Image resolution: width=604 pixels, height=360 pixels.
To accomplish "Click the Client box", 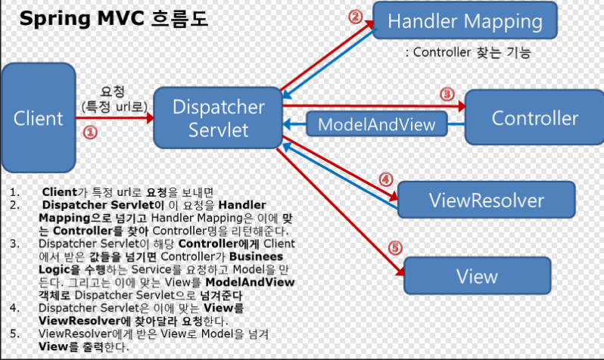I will [x=39, y=119].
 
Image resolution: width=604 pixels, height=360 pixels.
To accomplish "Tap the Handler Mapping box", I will [x=465, y=21].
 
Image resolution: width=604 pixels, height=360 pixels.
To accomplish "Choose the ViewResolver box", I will [x=486, y=200].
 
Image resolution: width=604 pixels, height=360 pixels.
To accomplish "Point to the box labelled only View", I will [x=477, y=276].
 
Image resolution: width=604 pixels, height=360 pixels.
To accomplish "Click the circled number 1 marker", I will [x=89, y=132].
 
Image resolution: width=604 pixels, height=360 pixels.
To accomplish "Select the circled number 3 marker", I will [x=446, y=95].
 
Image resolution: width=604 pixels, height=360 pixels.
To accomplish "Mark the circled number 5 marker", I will [x=394, y=247].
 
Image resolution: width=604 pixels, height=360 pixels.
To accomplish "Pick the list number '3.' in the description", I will [x=15, y=244].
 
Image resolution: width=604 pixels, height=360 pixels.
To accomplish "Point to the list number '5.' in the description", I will [x=15, y=334].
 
